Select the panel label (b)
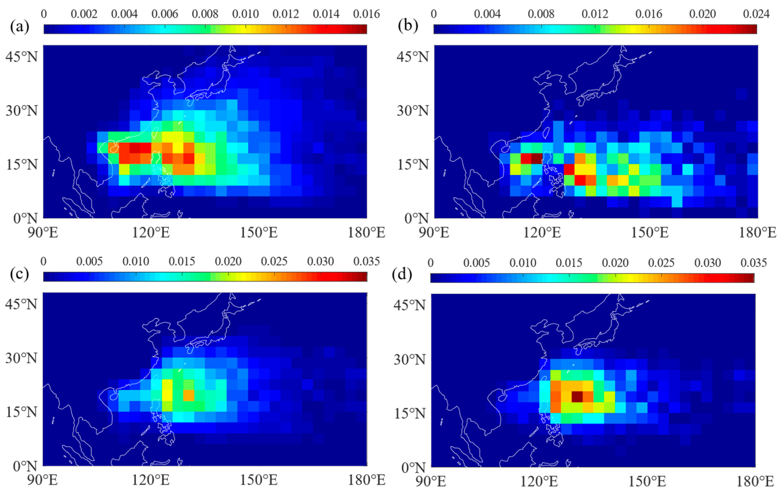[x=408, y=26]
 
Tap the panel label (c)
[x=19, y=274]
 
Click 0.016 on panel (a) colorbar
[x=366, y=14]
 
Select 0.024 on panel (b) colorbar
[x=756, y=14]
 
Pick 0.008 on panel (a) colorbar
[x=205, y=14]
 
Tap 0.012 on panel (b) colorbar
[x=595, y=14]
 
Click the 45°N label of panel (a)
[x=21, y=57]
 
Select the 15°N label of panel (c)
[x=21, y=412]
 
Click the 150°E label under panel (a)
[x=259, y=233]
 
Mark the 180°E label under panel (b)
[x=757, y=233]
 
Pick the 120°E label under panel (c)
[x=151, y=480]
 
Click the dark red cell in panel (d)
[x=577, y=397]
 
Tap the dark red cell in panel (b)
[x=536, y=158]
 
